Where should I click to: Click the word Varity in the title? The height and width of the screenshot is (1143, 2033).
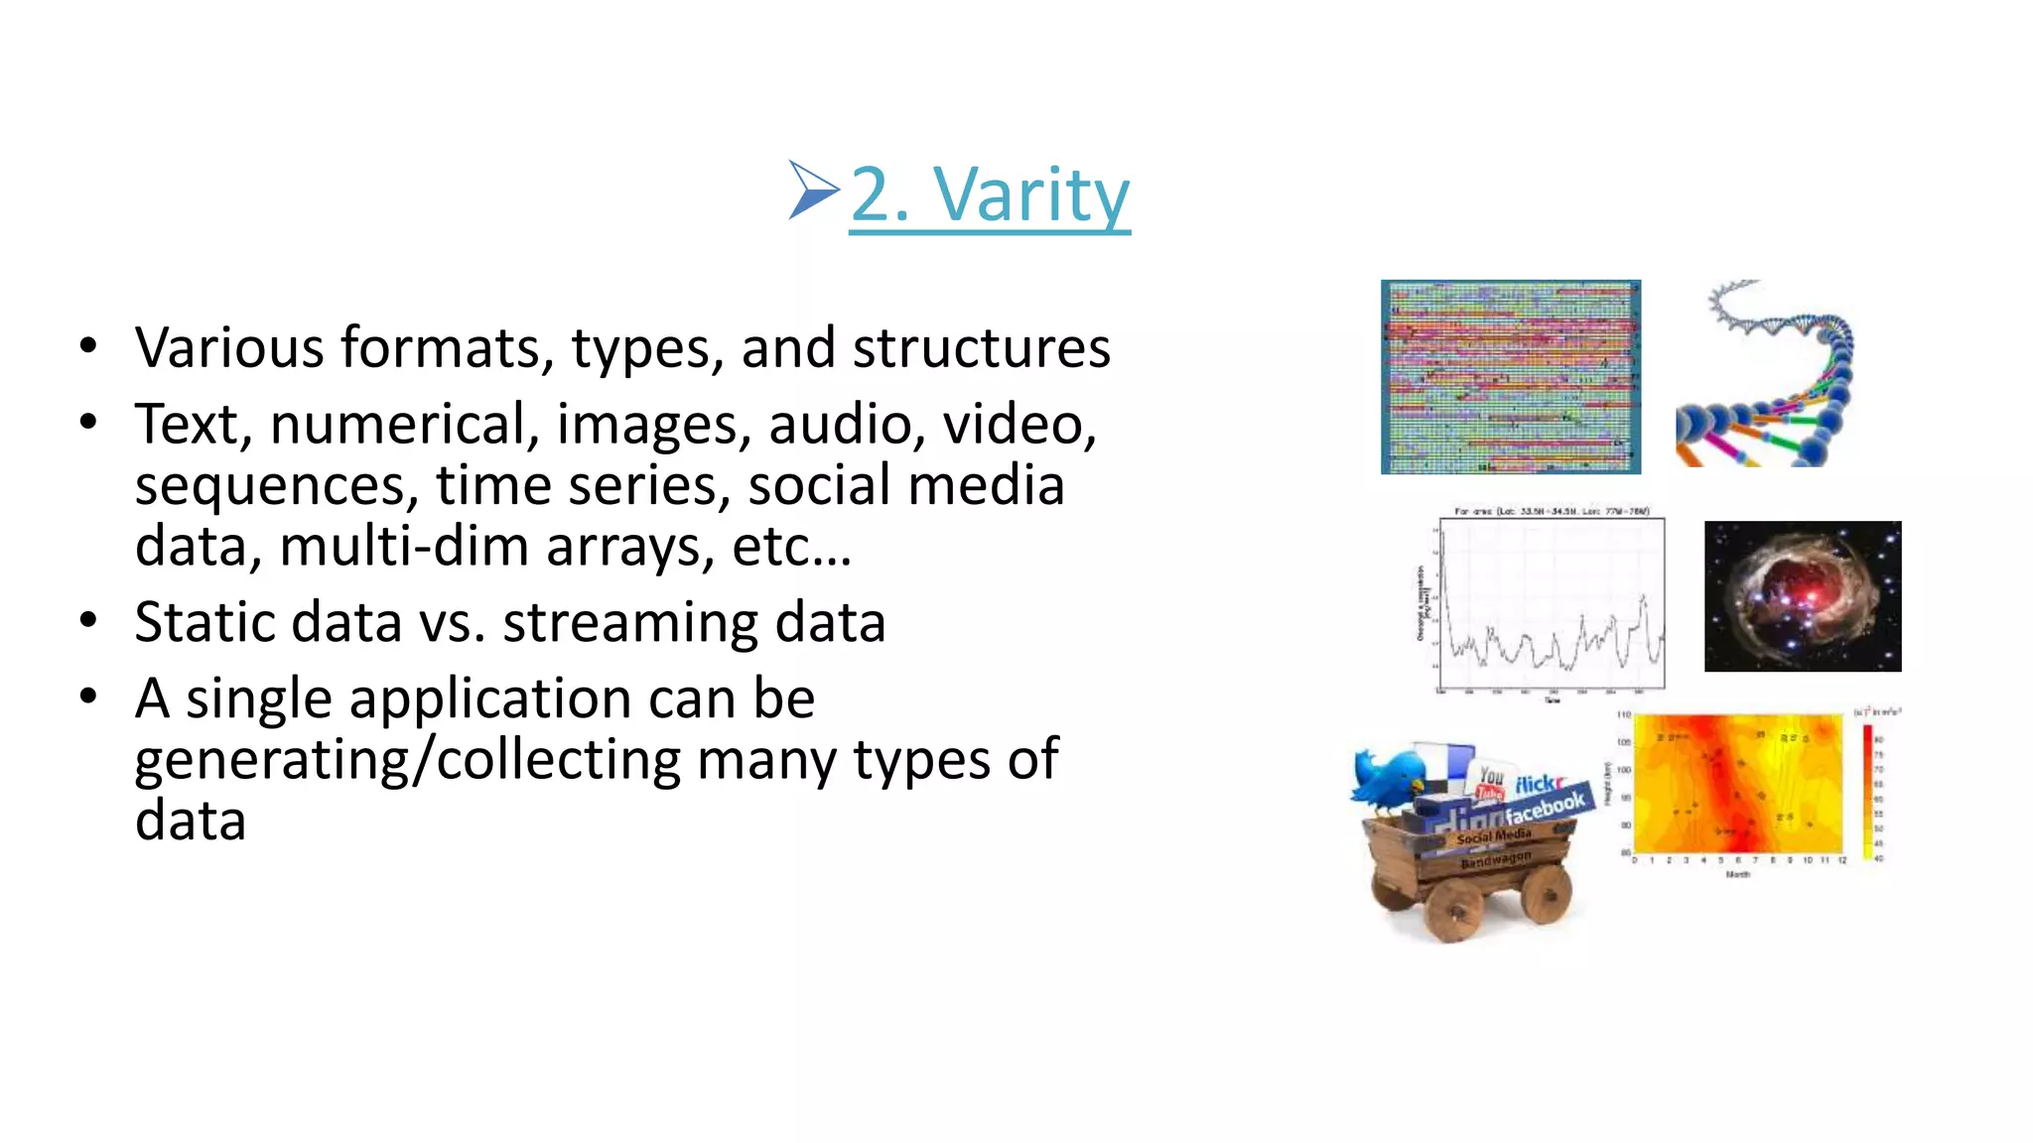tap(1031, 195)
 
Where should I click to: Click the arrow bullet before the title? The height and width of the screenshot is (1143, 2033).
tap(813, 190)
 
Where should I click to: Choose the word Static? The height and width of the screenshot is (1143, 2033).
tap(203, 623)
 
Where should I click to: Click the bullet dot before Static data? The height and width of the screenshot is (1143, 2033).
tap(89, 621)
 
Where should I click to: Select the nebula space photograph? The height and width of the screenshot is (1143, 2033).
tap(1802, 596)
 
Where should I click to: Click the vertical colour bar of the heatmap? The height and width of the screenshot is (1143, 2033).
tap(1867, 789)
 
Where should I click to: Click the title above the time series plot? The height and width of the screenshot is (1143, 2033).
tap(1552, 512)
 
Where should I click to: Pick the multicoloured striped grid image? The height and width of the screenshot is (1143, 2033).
tap(1510, 377)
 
